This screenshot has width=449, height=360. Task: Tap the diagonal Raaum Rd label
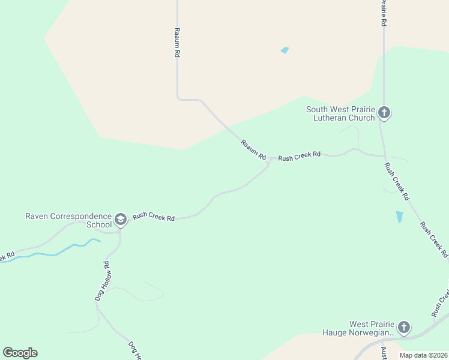[x=253, y=149]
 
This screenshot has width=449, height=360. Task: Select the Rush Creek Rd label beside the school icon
[x=154, y=217]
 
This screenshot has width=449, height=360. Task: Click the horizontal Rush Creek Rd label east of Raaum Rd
[x=300, y=156]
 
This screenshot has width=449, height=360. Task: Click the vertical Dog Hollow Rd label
[x=101, y=281]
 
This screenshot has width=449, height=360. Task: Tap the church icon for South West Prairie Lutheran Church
[x=384, y=112]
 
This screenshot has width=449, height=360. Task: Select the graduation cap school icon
[x=120, y=220]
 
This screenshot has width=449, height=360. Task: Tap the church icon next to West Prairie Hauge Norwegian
[x=404, y=328]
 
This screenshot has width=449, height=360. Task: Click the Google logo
[x=20, y=353]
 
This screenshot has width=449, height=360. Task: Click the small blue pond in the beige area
[x=285, y=50]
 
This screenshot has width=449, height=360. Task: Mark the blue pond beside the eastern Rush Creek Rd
[x=400, y=217]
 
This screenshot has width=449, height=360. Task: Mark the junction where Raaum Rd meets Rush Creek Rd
[x=270, y=160]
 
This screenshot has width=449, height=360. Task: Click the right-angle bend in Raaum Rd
[x=178, y=98]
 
